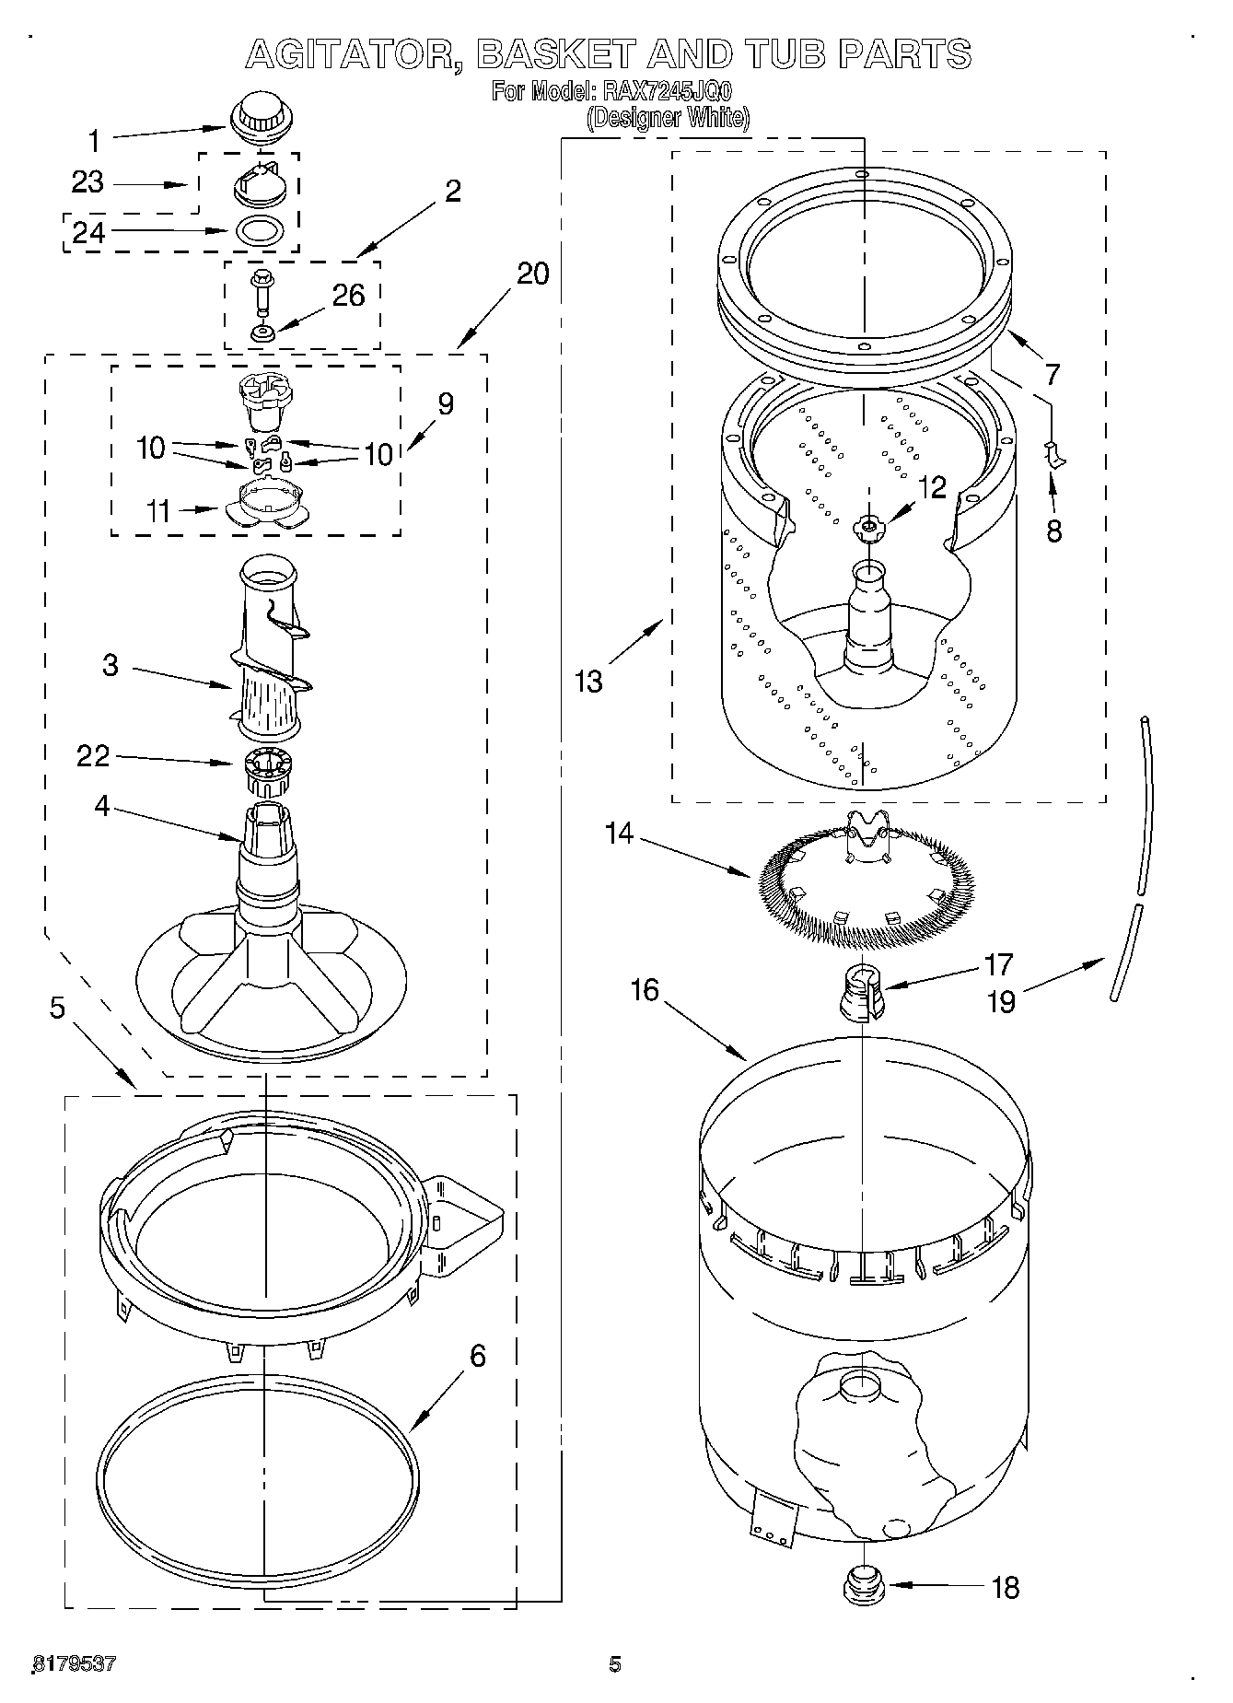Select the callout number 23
(87, 182)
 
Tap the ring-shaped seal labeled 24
(260, 230)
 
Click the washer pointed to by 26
(262, 332)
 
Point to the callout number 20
(532, 274)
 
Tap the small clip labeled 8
(1055, 453)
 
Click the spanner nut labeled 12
(867, 526)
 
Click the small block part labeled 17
(862, 994)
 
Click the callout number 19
(1000, 1001)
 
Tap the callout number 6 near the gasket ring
(476, 1356)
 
